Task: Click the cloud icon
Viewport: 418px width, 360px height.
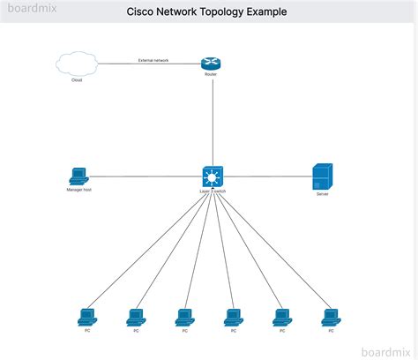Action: click(x=77, y=64)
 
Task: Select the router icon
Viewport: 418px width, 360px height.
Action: click(x=210, y=63)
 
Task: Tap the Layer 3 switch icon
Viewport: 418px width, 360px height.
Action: click(x=213, y=176)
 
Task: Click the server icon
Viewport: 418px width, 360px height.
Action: click(x=322, y=176)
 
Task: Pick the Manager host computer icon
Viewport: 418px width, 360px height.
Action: click(x=78, y=176)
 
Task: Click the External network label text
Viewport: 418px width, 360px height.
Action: click(x=153, y=60)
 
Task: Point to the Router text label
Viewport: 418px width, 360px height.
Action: click(x=210, y=75)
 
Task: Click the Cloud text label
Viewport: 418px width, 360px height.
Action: click(x=77, y=80)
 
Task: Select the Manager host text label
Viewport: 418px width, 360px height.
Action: click(x=78, y=190)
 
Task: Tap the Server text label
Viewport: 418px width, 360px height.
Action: click(x=322, y=194)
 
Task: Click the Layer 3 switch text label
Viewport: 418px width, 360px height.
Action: click(x=213, y=191)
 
